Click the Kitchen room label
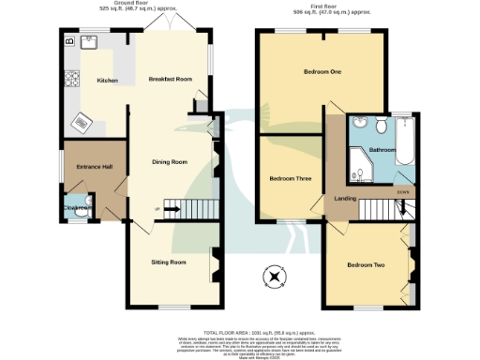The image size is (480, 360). point(108,81)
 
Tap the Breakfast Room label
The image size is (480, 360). point(170,80)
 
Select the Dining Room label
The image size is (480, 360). point(170,162)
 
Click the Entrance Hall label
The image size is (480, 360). point(94,167)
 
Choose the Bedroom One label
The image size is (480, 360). point(322,72)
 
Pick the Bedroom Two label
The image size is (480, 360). point(367,265)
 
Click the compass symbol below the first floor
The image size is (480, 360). point(275,277)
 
